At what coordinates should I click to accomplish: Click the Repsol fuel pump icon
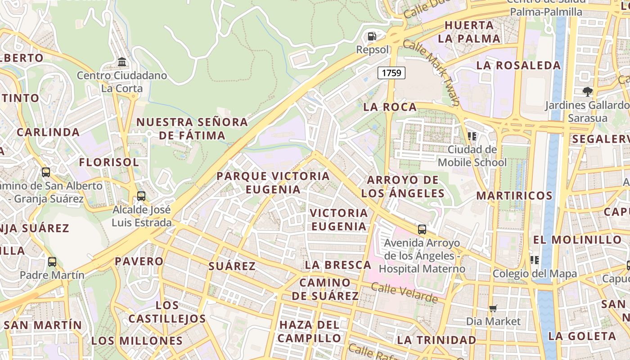372,36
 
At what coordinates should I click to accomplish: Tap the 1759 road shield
391,72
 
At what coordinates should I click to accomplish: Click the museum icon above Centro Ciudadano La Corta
121,62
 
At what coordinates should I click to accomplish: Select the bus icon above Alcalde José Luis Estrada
141,196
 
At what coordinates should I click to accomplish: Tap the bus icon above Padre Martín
52,261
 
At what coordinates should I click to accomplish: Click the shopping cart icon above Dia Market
493,308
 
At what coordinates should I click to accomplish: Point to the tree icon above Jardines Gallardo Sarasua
587,92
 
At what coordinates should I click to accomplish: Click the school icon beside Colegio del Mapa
535,260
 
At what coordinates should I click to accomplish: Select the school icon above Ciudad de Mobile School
472,135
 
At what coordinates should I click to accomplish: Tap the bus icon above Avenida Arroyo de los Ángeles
422,229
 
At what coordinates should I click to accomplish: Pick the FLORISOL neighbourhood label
109,162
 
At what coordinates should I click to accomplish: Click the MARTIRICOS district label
514,196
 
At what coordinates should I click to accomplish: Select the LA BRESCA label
338,265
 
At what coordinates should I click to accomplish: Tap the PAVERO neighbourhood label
139,261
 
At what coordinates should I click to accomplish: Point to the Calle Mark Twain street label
431,72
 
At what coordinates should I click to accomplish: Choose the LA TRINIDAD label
436,340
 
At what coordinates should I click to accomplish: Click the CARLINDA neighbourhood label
48,132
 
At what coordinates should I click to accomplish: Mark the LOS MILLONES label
137,341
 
